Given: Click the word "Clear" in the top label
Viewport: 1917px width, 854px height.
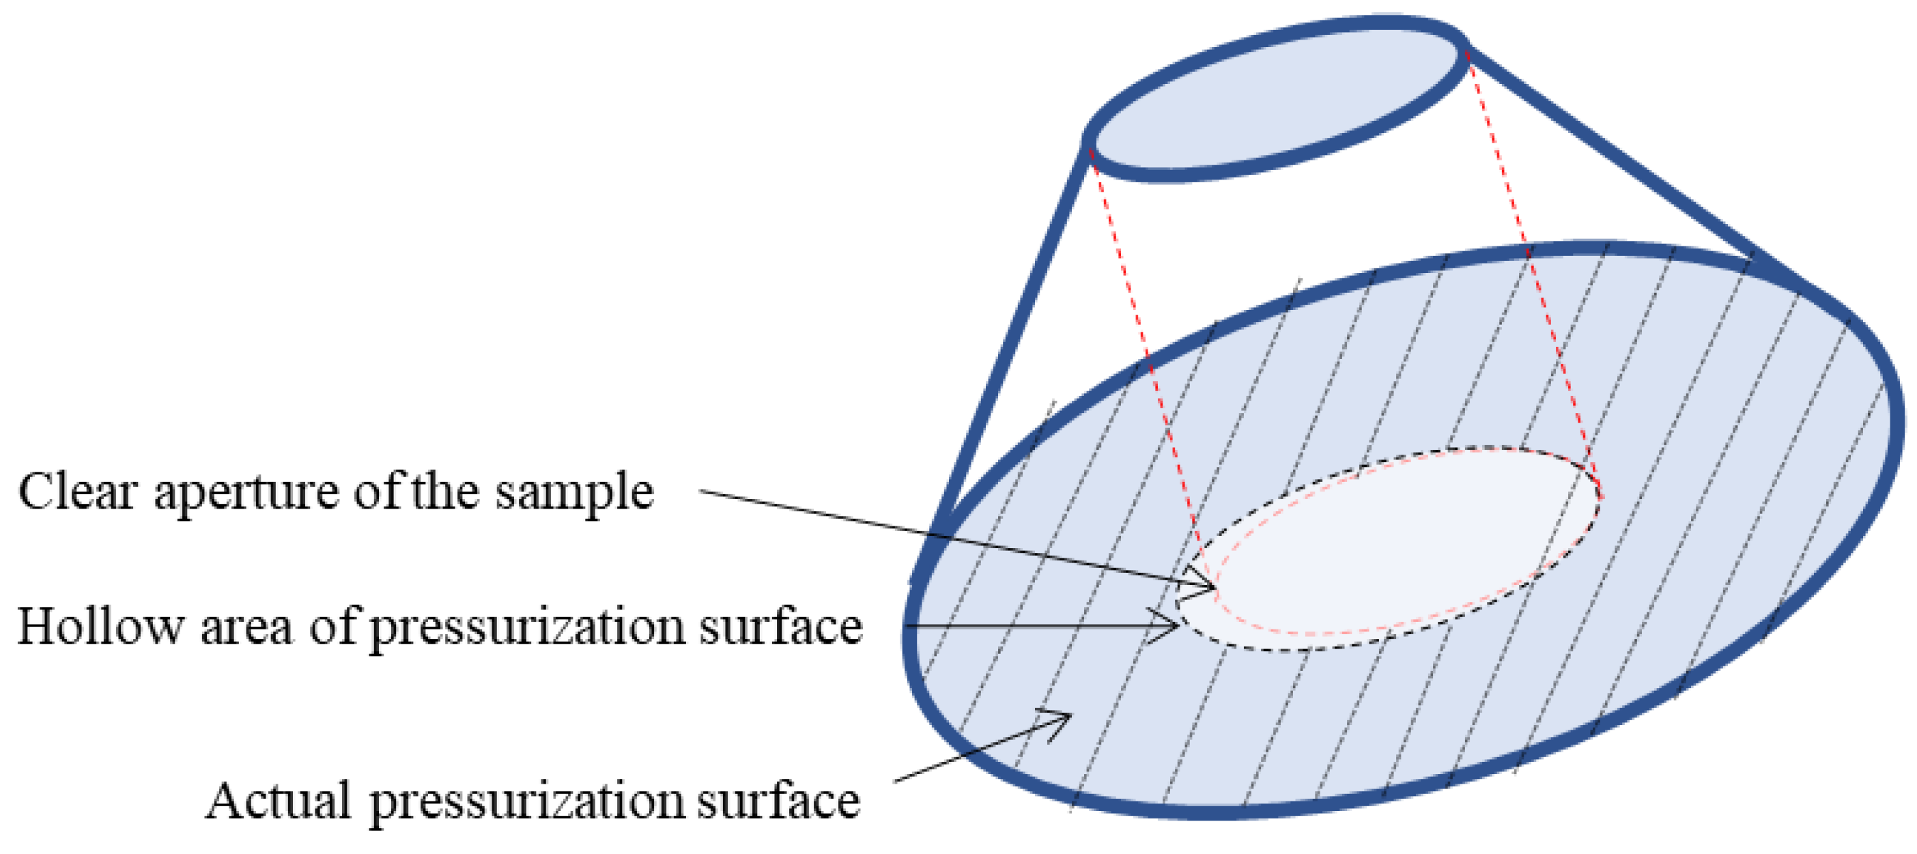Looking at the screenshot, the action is [x=78, y=492].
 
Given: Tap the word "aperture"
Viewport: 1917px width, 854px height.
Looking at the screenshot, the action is [x=246, y=495].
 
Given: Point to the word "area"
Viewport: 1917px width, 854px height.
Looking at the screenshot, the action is [x=246, y=629].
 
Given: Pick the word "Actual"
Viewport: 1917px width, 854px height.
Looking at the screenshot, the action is [x=278, y=801].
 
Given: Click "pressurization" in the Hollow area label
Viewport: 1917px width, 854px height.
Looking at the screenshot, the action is [x=527, y=629].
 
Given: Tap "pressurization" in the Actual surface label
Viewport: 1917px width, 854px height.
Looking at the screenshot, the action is [x=527, y=804].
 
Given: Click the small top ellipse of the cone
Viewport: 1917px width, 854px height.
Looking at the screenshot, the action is [x=1276, y=98].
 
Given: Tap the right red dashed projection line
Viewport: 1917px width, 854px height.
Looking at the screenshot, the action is [x=1533, y=275].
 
